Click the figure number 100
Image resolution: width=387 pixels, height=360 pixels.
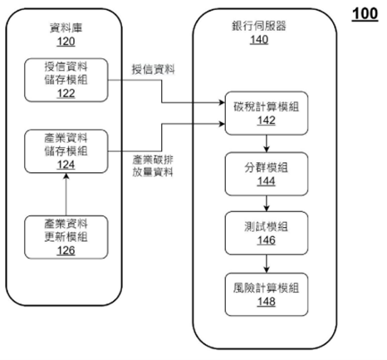(x=365, y=14)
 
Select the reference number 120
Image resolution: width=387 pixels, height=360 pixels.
(x=66, y=42)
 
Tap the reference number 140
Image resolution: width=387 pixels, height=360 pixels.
(x=259, y=40)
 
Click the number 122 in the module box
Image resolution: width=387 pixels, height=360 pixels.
(x=66, y=93)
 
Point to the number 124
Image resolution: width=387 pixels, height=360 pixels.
(x=66, y=165)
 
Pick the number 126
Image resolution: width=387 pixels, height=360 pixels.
(x=66, y=250)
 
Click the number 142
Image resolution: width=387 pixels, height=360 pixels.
(x=267, y=121)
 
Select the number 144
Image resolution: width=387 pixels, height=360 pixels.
(x=267, y=181)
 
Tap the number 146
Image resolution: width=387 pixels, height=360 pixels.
(x=267, y=240)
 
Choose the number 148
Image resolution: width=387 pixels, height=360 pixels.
(x=267, y=301)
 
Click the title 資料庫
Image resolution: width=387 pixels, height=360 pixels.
(x=66, y=28)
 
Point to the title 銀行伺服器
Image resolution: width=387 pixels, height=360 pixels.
(x=259, y=26)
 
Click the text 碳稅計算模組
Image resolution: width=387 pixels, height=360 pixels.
(x=267, y=106)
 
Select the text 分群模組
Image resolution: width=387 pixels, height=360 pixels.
(x=267, y=168)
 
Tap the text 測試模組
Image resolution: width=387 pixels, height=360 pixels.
(x=267, y=227)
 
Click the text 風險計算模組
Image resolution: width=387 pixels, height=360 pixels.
(x=267, y=288)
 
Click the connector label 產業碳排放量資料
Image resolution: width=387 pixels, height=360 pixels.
(x=153, y=166)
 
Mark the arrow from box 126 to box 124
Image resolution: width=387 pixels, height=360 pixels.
(x=66, y=195)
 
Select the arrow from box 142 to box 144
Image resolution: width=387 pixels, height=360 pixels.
(x=267, y=144)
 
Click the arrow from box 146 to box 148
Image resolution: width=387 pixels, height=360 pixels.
(x=267, y=264)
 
